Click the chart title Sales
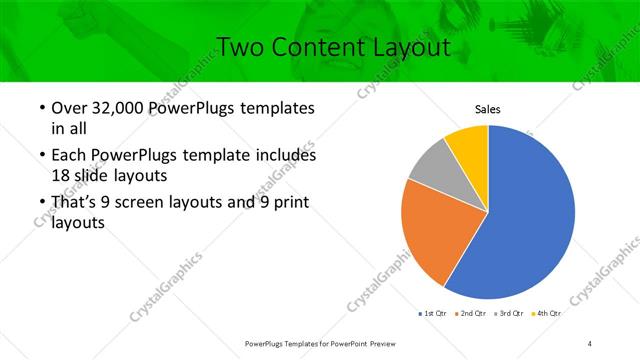pos(487,110)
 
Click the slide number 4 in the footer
pos(590,343)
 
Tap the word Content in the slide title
pos(311,46)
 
